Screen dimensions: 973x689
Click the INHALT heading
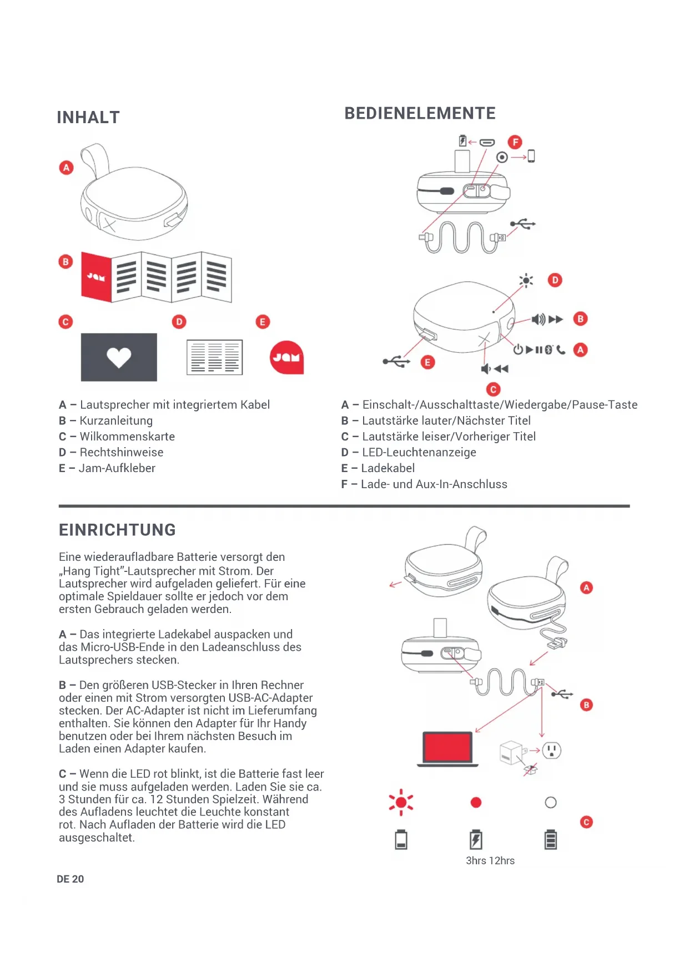(88, 118)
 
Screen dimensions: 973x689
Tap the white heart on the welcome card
(119, 357)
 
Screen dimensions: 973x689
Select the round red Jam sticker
(286, 357)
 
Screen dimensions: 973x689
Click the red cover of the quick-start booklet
(96, 276)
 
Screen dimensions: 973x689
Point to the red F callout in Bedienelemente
(515, 142)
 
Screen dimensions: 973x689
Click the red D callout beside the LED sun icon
(555, 280)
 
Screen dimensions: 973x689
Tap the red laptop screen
(447, 747)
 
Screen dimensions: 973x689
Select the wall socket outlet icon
(551, 751)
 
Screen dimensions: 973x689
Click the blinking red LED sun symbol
(401, 803)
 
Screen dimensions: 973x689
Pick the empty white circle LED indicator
(551, 803)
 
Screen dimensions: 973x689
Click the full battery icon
(551, 840)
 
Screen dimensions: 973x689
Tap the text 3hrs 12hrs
(490, 861)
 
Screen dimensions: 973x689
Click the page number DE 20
(71, 879)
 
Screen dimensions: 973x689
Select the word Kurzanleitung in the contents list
(116, 421)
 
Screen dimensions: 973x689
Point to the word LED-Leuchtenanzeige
(419, 453)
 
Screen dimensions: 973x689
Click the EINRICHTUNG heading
(117, 530)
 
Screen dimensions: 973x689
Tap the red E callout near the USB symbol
(428, 363)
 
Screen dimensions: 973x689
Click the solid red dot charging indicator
(476, 803)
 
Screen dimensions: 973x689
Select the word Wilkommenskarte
(127, 437)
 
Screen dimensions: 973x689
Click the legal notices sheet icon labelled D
(215, 357)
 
